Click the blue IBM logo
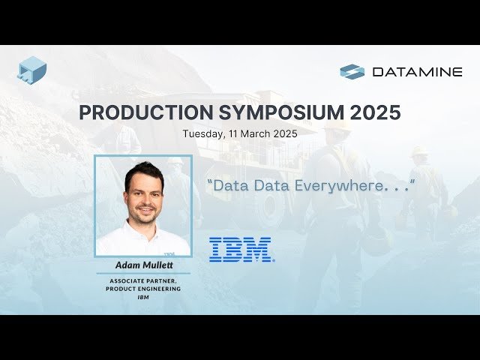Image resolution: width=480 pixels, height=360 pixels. pyautogui.click(x=241, y=249)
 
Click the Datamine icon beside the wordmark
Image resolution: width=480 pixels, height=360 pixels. pyautogui.click(x=352, y=72)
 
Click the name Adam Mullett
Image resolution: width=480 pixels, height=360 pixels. pyautogui.click(x=142, y=265)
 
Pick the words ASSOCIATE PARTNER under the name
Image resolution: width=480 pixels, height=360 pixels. pyautogui.click(x=142, y=280)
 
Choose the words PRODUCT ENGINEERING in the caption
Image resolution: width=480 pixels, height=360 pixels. pyautogui.click(x=142, y=289)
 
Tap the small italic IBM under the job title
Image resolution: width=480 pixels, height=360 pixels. pyautogui.click(x=142, y=297)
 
